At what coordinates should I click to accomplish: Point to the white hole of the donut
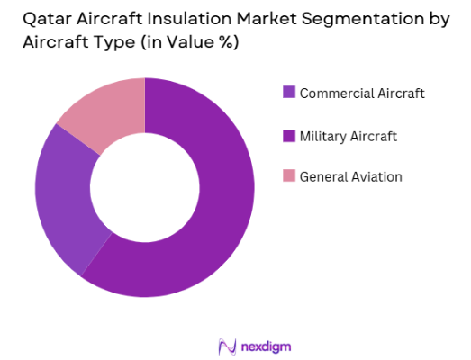point(144,187)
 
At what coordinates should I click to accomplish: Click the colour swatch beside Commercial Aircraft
point(289,92)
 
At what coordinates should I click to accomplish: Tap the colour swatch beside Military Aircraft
point(289,136)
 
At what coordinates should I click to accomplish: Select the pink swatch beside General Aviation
point(289,176)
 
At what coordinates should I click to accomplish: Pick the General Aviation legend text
point(350,177)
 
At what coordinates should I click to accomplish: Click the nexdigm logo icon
point(226,346)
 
